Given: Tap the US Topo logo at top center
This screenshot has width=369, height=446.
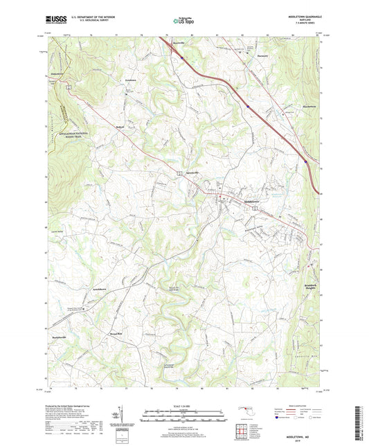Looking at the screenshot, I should point(180,21).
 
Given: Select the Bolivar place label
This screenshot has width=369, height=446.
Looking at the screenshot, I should point(120,127).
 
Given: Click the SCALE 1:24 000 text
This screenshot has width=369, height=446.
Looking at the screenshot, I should point(184,405).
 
